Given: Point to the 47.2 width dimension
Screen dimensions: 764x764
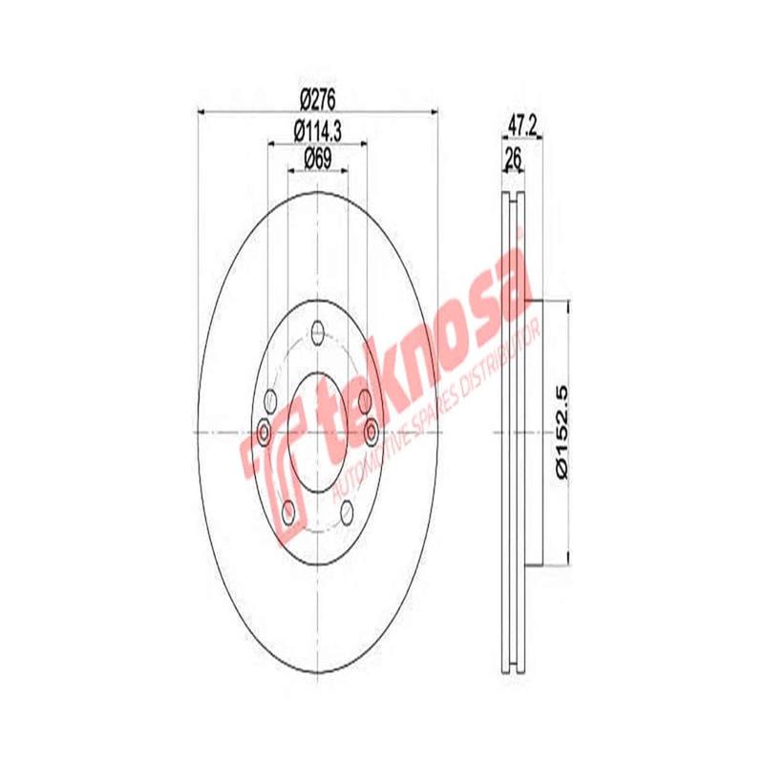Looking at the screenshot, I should tap(520, 124).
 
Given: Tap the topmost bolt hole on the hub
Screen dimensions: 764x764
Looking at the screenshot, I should tap(317, 334).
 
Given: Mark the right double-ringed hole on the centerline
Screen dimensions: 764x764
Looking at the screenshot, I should tap(370, 433).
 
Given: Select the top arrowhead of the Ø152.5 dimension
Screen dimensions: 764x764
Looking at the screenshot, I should tap(569, 306).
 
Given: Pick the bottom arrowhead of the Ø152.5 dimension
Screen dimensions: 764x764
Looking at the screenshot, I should tap(569, 560).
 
